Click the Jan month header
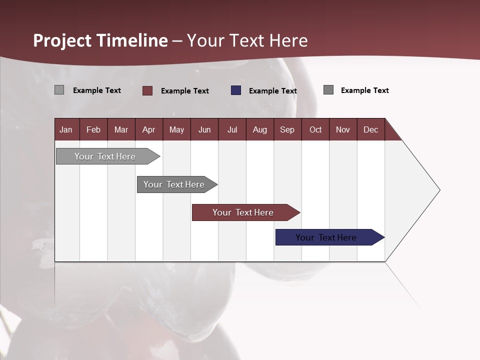pos(66,129)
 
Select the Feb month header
pos(93,129)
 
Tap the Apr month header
pos(148,129)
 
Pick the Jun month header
pos(204,129)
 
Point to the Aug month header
pos(259,129)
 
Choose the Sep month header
pos(287,129)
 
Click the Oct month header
pos(315,129)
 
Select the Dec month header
pos(370,129)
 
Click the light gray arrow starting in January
pos(105,156)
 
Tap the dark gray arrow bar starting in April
pos(174,184)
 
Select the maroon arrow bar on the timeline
pos(243,212)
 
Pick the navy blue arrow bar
pos(326,237)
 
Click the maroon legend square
pos(147,90)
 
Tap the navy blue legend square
pos(236,90)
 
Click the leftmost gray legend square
pos(59,90)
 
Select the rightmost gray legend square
pos(328,90)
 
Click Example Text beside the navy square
pos(272,91)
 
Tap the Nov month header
pos(342,129)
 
